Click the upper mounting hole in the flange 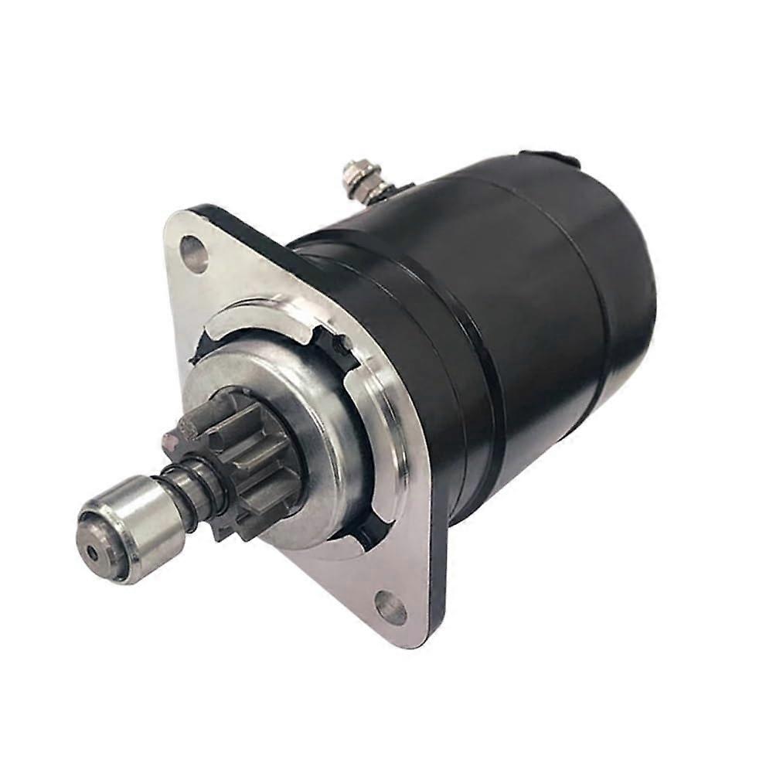[194, 253]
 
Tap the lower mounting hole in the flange [390, 608]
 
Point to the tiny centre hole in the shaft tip [94, 552]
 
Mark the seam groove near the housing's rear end [599, 294]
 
